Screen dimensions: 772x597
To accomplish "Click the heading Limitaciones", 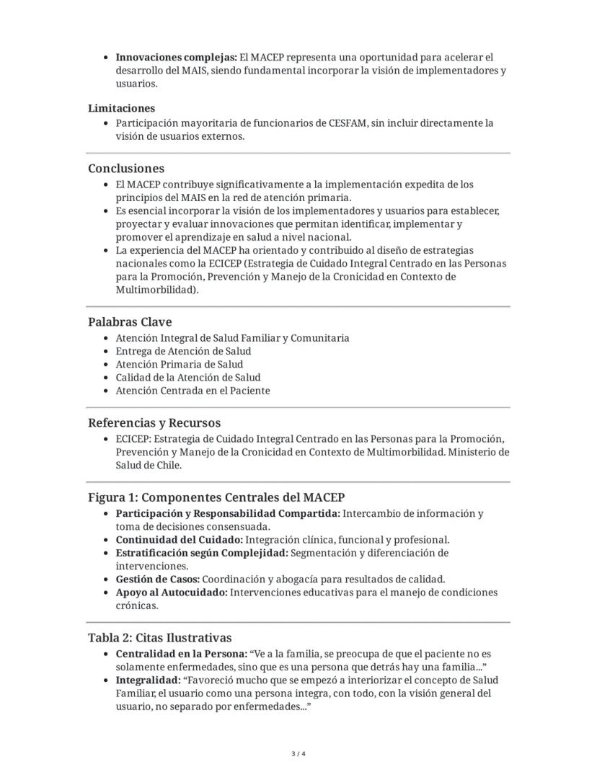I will click(x=121, y=108).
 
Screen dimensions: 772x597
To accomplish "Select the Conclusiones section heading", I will click(x=126, y=169).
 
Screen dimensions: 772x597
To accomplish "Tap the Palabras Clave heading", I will click(x=130, y=322).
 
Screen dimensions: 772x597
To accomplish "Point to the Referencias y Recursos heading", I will click(x=154, y=423).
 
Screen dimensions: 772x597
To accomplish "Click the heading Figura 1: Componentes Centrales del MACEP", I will click(x=216, y=498).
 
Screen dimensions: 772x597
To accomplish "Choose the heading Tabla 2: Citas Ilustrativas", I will click(x=160, y=638).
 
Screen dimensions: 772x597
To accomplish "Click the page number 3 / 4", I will click(x=298, y=754).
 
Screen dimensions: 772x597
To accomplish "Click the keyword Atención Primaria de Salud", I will click(x=179, y=364).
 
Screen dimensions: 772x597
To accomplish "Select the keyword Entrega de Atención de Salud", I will click(x=183, y=351).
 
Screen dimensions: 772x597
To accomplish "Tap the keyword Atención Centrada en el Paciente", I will click(x=193, y=391).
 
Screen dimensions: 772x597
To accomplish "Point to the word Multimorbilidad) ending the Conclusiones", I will click(x=156, y=290).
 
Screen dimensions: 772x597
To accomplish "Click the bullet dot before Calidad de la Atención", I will click(x=107, y=378).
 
